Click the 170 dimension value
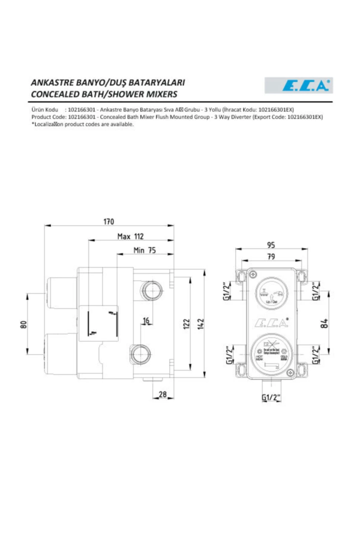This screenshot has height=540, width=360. pyautogui.click(x=109, y=221)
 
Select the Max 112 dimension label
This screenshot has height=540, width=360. pyautogui.click(x=130, y=236)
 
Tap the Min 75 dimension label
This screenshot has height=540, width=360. pyautogui.click(x=145, y=250)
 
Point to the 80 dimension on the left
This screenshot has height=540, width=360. pyautogui.click(x=24, y=324)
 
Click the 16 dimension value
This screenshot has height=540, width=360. pyautogui.click(x=146, y=321)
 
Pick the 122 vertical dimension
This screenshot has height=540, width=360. pyautogui.click(x=186, y=324)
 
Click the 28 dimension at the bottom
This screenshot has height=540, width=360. pyautogui.click(x=163, y=394)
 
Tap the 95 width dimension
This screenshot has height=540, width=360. pyautogui.click(x=271, y=245)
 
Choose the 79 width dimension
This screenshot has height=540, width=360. pyautogui.click(x=271, y=256)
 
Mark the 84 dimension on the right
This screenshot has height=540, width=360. pyautogui.click(x=324, y=323)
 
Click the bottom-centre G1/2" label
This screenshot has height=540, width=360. pyautogui.click(x=271, y=397)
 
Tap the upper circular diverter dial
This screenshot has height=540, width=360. pyautogui.click(x=271, y=293)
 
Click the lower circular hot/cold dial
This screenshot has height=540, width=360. pyautogui.click(x=271, y=353)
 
